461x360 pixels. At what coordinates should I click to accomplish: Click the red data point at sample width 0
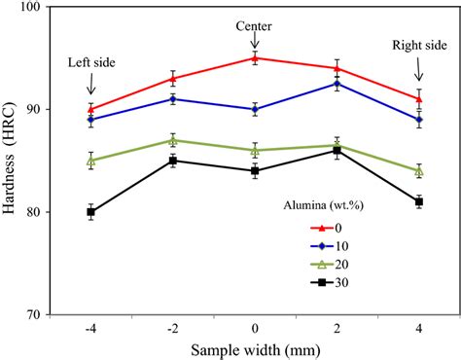pos(255,58)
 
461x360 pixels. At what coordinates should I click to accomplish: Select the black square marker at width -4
pos(90,211)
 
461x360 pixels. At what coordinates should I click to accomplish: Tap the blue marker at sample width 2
pos(337,84)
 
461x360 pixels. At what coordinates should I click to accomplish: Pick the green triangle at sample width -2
pos(173,140)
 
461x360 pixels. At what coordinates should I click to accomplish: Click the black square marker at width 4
pos(419,201)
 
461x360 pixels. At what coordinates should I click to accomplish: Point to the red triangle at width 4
pos(419,98)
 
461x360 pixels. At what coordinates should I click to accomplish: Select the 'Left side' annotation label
pos(90,63)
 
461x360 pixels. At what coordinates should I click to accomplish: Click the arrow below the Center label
pos(255,39)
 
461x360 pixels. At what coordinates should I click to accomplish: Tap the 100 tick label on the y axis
pos(37,7)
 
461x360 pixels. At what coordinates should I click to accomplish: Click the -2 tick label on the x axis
pos(171,329)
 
